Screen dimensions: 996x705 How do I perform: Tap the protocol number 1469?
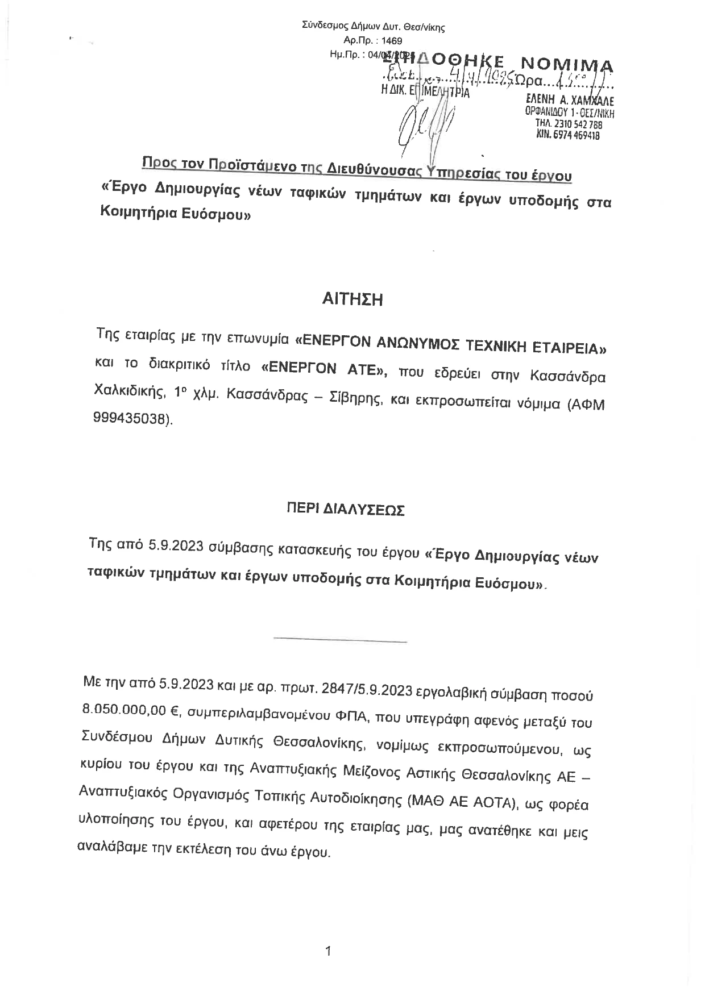tap(392, 40)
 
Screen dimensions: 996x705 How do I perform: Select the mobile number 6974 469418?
tap(578, 135)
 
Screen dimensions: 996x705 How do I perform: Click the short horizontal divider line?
tap(340, 641)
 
